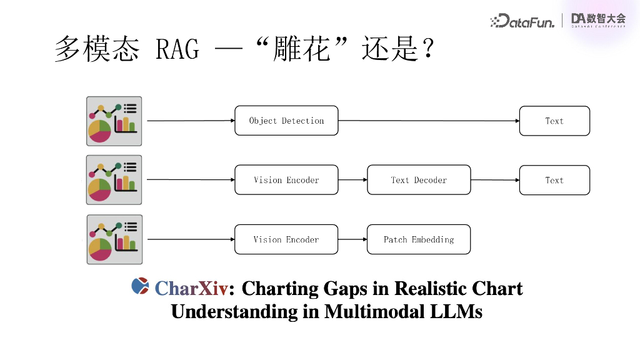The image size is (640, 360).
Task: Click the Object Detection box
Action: pos(286,121)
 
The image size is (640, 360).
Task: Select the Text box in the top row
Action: pos(554,121)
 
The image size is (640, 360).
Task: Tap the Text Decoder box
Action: pos(419,180)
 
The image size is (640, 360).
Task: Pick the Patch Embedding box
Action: pos(419,239)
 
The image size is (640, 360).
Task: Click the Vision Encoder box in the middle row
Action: pos(286,180)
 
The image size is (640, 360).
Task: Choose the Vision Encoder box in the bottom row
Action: pos(286,239)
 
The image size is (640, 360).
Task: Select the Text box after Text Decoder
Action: pos(554,180)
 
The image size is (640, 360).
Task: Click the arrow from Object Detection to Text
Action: pos(429,121)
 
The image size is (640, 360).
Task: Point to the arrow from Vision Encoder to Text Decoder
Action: pos(352,180)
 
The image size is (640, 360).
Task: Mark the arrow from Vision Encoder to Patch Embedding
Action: pos(352,239)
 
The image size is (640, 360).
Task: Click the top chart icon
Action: pos(114,121)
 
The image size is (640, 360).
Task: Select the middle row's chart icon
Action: pos(114,180)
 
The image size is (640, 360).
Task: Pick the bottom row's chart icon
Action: pos(114,239)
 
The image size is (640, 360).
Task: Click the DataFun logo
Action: pos(522,21)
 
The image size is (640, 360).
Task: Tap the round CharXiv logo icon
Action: pos(140,286)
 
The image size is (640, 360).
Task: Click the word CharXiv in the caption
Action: pos(191,289)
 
